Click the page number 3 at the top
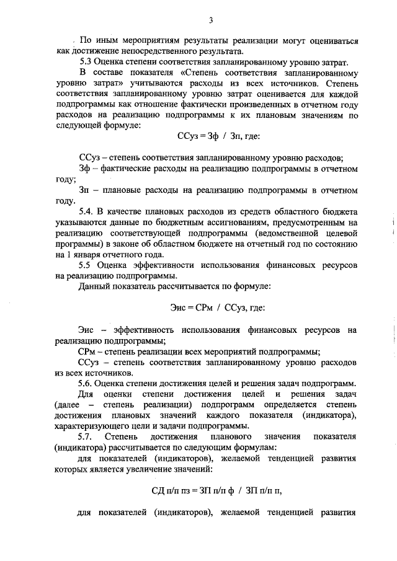point(211,20)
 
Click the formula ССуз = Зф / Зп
point(211,136)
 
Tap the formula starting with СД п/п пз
point(220,490)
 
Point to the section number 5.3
point(86,62)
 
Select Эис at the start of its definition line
point(87,330)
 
